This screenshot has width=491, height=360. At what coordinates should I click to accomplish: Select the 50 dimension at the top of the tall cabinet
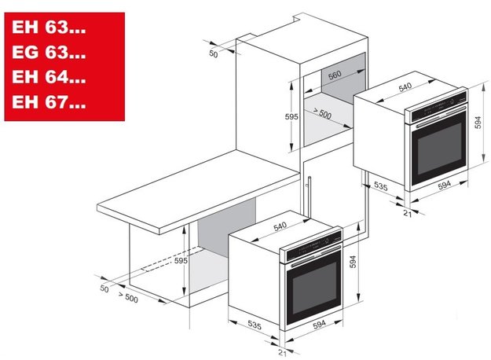coord(213,53)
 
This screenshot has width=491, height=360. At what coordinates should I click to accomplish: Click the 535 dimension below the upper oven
coord(381,187)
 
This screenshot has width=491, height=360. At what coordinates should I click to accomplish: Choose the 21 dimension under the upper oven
coord(407,214)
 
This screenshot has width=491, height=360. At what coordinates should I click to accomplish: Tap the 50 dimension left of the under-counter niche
coord(104,289)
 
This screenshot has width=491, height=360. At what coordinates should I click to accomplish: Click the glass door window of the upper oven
coord(440,147)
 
